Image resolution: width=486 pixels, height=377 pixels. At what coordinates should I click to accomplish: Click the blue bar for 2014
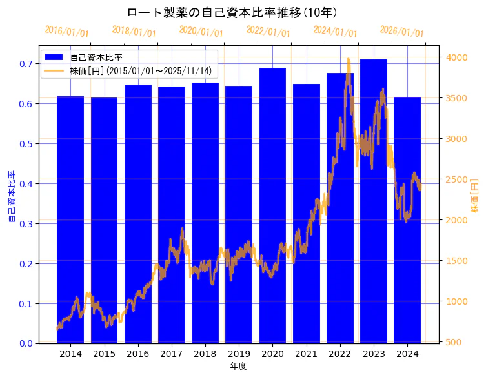tap(70, 219)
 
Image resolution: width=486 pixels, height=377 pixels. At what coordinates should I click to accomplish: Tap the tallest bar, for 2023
tap(374, 201)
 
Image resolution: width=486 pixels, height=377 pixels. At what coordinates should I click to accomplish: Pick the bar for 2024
tap(407, 219)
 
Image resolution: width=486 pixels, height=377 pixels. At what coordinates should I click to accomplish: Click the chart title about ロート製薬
tap(232, 12)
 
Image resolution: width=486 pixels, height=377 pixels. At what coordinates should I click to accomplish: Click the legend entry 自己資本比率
tap(96, 57)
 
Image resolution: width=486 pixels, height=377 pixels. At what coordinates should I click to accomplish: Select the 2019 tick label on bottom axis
tap(239, 354)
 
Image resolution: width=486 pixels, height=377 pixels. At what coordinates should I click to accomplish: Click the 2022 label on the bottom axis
tap(340, 354)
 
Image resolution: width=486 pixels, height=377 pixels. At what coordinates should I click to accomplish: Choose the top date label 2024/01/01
tap(335, 32)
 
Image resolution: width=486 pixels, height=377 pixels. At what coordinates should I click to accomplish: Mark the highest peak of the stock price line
tap(349, 59)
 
